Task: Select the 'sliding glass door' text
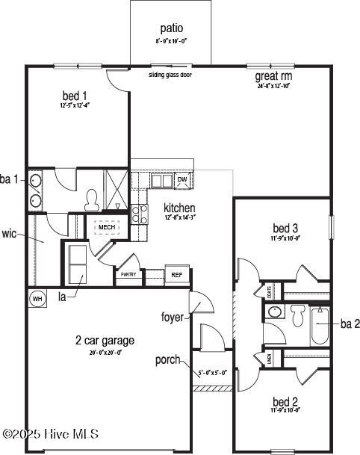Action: pos(171,75)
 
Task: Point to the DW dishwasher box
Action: pos(182,180)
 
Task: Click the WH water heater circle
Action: pos(37,299)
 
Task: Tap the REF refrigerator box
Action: pos(177,275)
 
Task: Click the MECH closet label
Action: pos(107,226)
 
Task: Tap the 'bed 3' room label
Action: pos(285,228)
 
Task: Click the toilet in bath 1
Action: pos(93,199)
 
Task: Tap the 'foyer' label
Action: pos(172,318)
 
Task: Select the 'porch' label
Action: pos(167,360)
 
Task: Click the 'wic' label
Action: pos(10,234)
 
